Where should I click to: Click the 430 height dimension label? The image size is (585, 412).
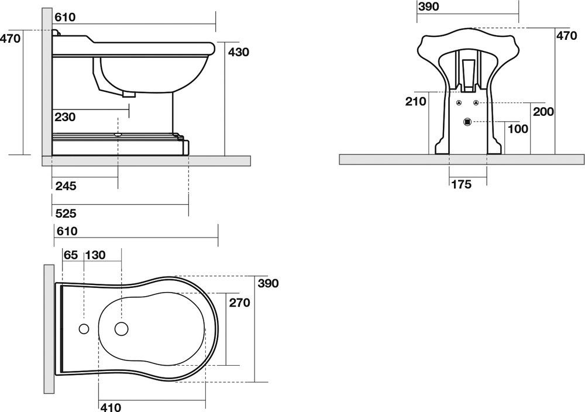point(239,52)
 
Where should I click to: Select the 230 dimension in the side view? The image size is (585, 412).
point(65,117)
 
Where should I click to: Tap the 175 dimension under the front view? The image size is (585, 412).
point(462,185)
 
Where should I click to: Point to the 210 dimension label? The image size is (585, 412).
point(415,101)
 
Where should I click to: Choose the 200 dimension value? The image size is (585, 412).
point(544,111)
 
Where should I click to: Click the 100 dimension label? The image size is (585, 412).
point(518,129)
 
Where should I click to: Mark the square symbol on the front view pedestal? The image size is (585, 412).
point(467,122)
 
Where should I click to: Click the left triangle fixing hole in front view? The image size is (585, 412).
point(459,103)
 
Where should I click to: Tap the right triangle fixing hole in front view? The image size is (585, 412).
point(476,103)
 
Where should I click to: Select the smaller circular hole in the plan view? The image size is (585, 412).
point(83,328)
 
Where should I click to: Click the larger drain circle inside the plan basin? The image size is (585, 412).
point(122,329)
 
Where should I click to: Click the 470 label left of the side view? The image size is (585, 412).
point(11,39)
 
